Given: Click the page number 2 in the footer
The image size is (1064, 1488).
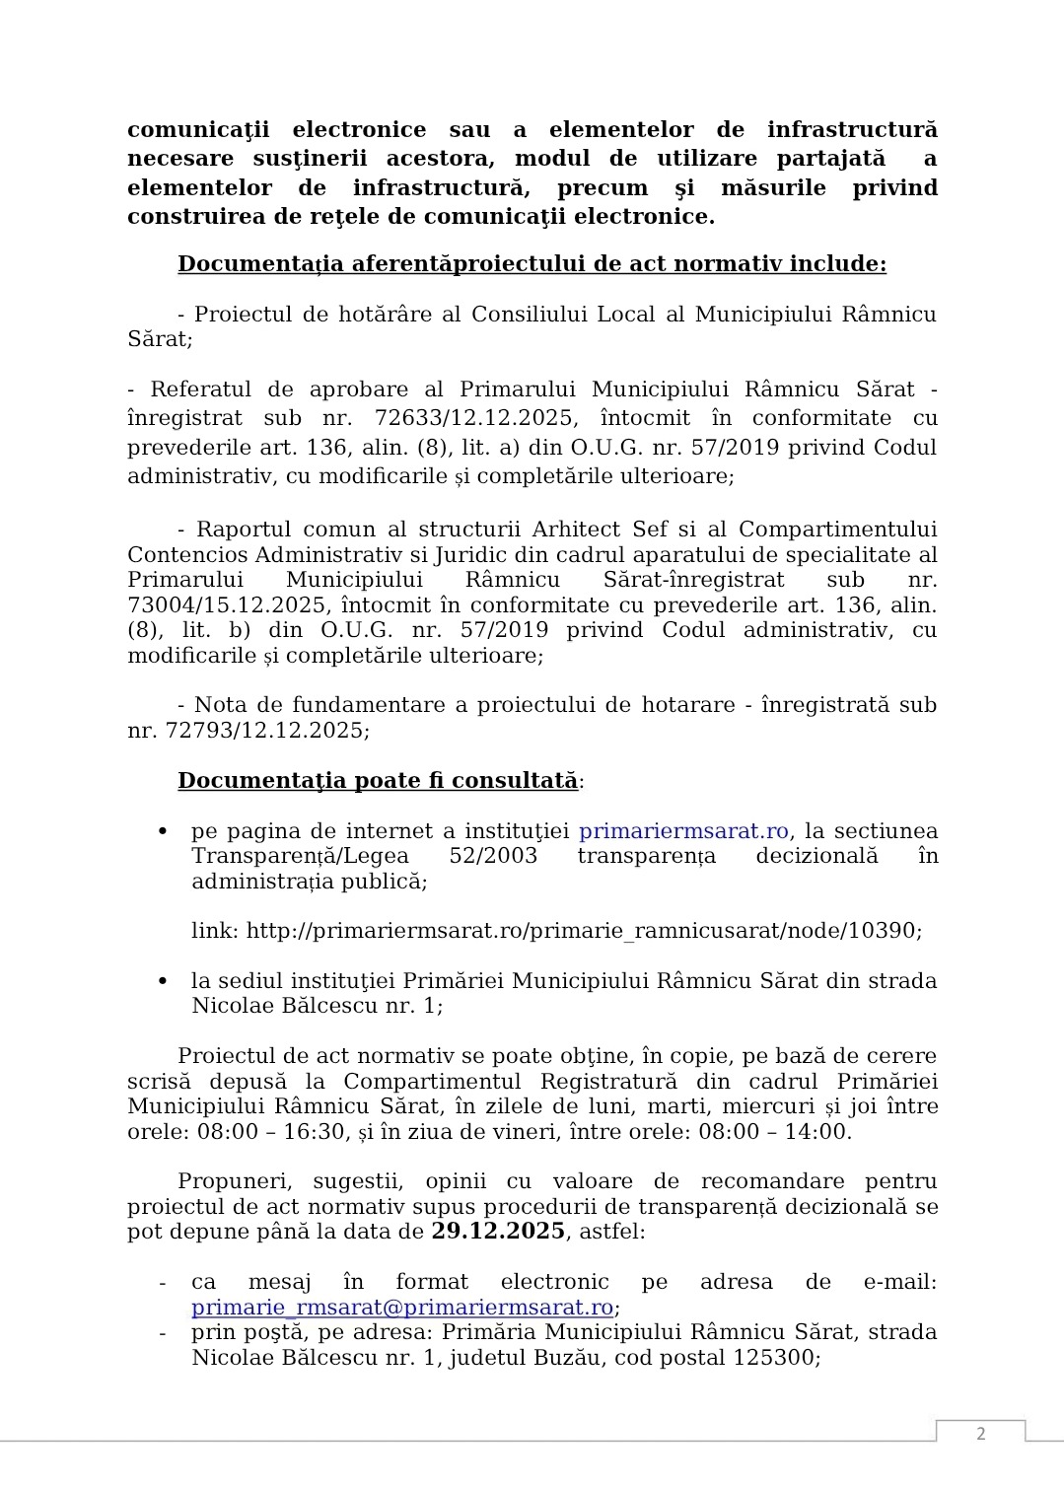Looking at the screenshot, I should (980, 1434).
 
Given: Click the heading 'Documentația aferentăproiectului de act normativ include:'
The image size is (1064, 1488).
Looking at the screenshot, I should (532, 264).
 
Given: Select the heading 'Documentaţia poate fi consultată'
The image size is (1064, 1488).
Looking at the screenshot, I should (378, 781).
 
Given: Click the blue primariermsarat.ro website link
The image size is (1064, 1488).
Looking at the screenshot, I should (683, 831).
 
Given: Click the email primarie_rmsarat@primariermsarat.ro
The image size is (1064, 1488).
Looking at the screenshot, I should (402, 1308).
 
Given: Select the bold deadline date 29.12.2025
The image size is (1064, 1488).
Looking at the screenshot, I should (498, 1232).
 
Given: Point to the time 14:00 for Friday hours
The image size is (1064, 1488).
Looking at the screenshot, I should (821, 1132).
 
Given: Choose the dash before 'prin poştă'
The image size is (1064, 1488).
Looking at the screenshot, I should (163, 1333).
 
